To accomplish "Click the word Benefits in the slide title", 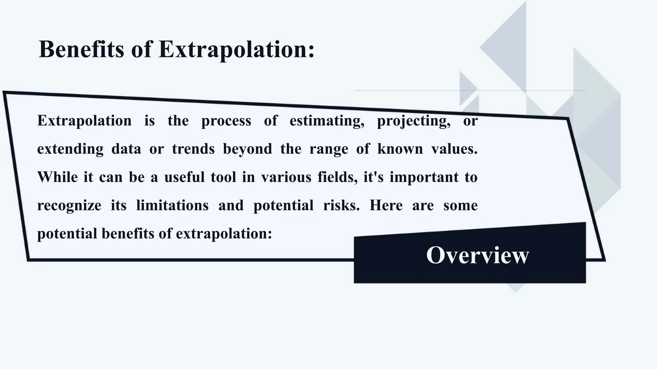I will tap(81, 50).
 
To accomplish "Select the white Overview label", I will tap(477, 255).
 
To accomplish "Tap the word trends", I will tap(193, 149).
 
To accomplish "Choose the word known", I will tap(400, 149).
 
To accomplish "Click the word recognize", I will tap(69, 206).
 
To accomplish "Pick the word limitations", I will tap(172, 205).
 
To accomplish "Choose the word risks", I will tap(341, 205).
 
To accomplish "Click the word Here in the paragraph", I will tap(386, 205).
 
